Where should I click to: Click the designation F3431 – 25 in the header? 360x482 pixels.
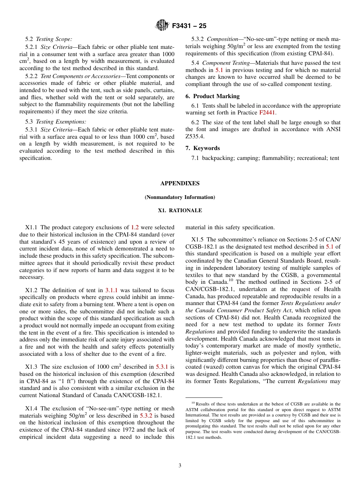point(189,26)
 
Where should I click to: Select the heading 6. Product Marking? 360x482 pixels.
point(213,96)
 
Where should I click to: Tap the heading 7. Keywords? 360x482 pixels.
point(203,148)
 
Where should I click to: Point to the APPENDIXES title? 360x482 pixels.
point(180,183)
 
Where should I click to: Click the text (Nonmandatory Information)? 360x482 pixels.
point(180,197)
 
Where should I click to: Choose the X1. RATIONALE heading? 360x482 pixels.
point(180,211)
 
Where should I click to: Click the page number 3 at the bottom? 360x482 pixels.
point(180,466)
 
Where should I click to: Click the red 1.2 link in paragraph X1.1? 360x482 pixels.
point(135,228)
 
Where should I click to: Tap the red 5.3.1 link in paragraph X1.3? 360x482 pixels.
point(162,367)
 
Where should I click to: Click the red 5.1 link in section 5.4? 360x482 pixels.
point(219,70)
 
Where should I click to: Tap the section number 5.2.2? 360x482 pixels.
point(32,76)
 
